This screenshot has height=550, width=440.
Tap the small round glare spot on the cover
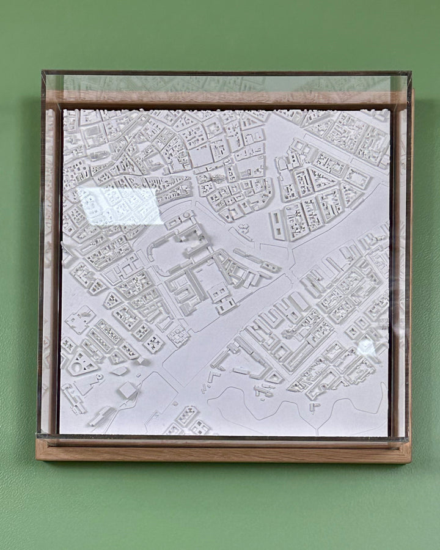coord(366,346)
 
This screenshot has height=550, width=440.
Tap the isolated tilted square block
coord(128,390)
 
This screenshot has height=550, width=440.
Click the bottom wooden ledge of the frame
coord(223,452)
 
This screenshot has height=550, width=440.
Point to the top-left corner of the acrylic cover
coord(42,72)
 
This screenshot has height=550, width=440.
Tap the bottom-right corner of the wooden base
coord(410,461)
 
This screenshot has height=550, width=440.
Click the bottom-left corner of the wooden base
coord(37,460)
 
